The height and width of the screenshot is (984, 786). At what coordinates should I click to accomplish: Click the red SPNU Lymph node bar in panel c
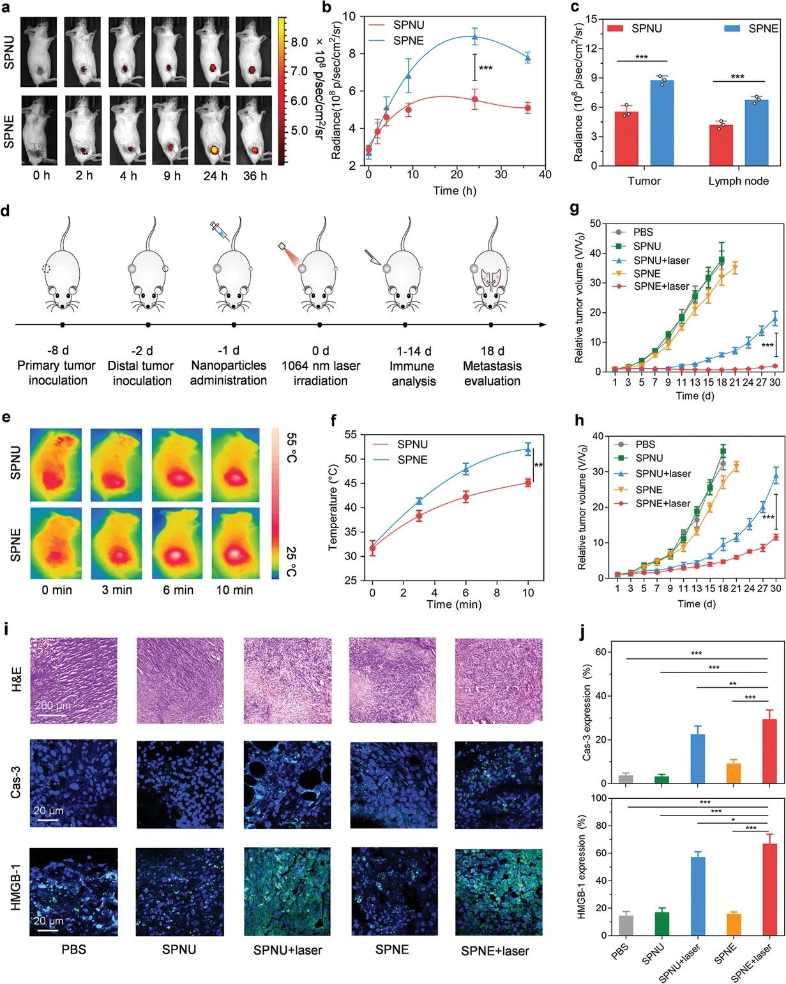tap(720, 145)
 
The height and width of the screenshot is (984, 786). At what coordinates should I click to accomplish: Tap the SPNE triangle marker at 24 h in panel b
tap(474, 36)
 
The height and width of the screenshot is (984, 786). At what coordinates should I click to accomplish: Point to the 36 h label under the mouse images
tap(255, 176)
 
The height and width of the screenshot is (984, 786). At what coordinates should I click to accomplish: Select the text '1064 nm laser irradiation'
tap(321, 374)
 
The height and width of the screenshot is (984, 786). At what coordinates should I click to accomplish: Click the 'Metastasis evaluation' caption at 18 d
tap(492, 374)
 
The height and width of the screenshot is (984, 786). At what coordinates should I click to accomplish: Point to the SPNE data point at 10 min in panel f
tap(528, 450)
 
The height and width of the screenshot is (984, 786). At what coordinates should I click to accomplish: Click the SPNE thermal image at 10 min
tap(235, 543)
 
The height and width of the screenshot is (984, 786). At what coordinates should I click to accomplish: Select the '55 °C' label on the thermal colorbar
tap(291, 448)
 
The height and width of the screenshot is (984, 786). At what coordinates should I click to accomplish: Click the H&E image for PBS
tap(73, 681)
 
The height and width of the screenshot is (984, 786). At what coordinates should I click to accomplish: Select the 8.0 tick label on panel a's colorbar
tap(299, 42)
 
